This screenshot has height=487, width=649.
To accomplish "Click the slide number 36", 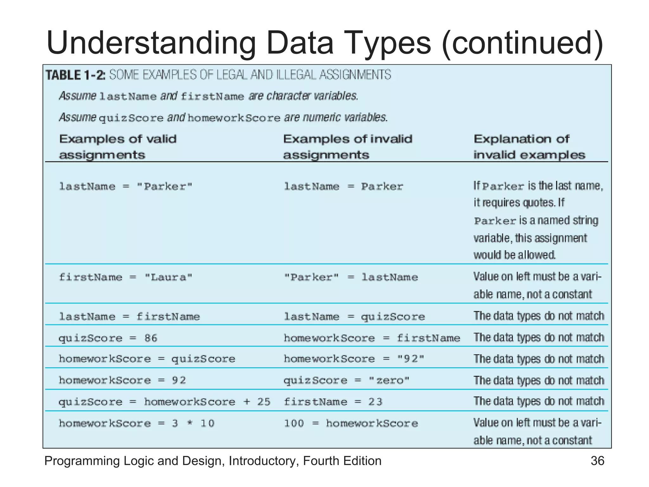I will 597,461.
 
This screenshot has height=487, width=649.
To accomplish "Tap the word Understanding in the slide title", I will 151,43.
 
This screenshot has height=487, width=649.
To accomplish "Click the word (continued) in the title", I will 522,43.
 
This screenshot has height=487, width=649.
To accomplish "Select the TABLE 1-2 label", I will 75,75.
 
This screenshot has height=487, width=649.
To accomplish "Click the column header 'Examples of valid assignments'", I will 118,147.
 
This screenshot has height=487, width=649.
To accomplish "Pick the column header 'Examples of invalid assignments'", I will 347,147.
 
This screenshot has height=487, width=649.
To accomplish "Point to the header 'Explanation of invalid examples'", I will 529,147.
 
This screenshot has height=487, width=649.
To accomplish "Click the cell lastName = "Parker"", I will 125,186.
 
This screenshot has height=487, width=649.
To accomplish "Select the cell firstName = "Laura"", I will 125,277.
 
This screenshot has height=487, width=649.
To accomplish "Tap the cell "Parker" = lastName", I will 351,277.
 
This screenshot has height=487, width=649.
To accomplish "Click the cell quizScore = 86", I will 108,338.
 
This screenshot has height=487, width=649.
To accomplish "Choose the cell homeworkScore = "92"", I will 354,359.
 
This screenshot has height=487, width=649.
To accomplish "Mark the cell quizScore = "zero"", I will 346,380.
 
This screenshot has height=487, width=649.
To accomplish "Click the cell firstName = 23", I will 333,402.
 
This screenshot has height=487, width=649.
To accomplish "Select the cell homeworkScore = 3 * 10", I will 137,424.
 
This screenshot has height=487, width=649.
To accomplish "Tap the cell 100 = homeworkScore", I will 351,424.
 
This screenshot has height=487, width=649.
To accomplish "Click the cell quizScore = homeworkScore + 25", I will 164,402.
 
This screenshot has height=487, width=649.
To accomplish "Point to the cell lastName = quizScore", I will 354,317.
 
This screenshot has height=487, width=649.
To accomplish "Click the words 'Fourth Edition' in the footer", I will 342,461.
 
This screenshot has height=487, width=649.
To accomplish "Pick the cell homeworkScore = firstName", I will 372,338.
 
